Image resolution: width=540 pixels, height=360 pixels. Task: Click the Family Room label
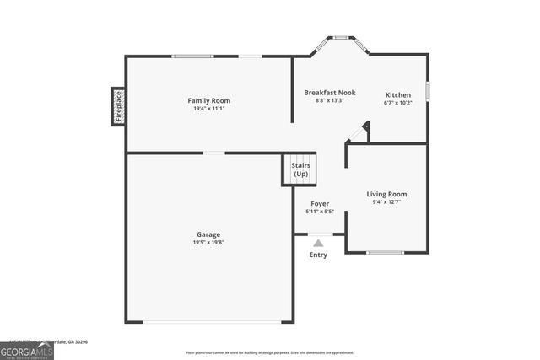pyautogui.click(x=208, y=100)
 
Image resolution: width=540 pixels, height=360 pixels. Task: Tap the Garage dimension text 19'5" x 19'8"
pyautogui.click(x=209, y=242)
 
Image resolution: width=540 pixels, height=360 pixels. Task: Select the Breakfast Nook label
pyautogui.click(x=329, y=91)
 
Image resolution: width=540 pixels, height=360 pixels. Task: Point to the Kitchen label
pyautogui.click(x=398, y=94)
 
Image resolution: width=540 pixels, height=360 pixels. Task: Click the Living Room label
pyautogui.click(x=386, y=194)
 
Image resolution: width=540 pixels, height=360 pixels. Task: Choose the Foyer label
pyautogui.click(x=320, y=203)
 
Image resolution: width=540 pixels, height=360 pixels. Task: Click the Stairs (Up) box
pyautogui.click(x=300, y=169)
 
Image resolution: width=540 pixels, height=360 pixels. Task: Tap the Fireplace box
pyautogui.click(x=118, y=106)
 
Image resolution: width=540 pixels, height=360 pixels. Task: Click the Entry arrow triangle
pyautogui.click(x=318, y=243)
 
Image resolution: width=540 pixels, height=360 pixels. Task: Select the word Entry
pyautogui.click(x=318, y=255)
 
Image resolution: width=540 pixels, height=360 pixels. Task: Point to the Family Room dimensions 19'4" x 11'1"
pyautogui.click(x=208, y=108)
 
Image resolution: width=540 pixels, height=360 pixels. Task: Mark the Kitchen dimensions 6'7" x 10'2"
pyautogui.click(x=398, y=103)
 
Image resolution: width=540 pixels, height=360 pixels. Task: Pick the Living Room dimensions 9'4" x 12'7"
pyautogui.click(x=386, y=202)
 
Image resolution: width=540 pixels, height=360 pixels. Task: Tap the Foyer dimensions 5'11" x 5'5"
pyautogui.click(x=320, y=212)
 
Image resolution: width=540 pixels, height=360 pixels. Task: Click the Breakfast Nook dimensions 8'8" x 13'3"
pyautogui.click(x=329, y=99)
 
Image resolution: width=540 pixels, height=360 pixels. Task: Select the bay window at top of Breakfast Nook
pyautogui.click(x=341, y=37)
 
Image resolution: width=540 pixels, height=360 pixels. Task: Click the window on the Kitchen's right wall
pyautogui.click(x=428, y=90)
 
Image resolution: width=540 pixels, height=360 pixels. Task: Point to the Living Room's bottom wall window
pyautogui.click(x=385, y=252)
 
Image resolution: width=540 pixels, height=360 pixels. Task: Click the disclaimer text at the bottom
pyautogui.click(x=270, y=352)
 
